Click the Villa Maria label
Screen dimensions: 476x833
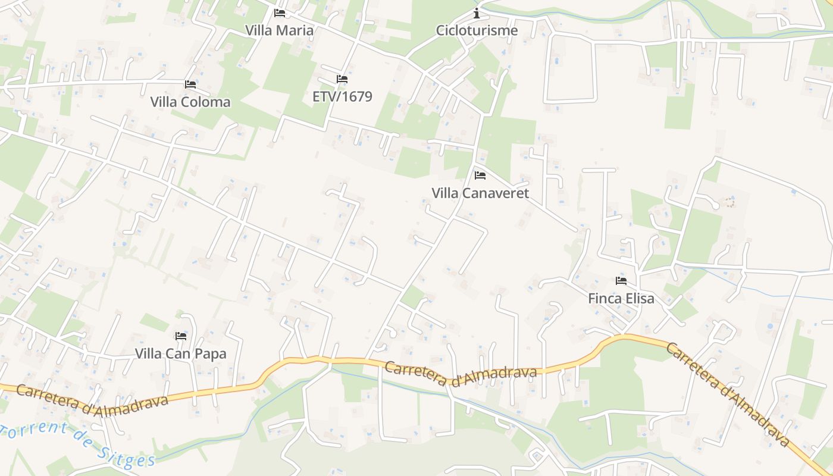279,30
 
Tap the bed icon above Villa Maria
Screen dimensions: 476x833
280,12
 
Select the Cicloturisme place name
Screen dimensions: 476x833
477,30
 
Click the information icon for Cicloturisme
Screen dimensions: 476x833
477,12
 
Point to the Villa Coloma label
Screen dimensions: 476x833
190,102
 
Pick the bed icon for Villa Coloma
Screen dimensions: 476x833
190,84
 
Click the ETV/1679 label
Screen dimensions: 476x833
342,96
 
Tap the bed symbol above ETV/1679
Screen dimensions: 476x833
342,79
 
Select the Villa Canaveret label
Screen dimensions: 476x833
480,193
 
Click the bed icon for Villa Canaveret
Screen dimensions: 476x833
480,175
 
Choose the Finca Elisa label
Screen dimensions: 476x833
621,298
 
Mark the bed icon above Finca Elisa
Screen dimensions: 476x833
621,280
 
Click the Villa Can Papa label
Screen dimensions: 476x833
181,353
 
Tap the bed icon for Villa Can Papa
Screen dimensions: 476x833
181,336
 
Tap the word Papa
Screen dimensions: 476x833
211,353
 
